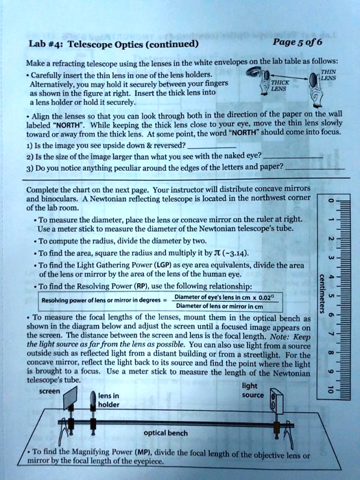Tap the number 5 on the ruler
pyautogui.click(x=331, y=299)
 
